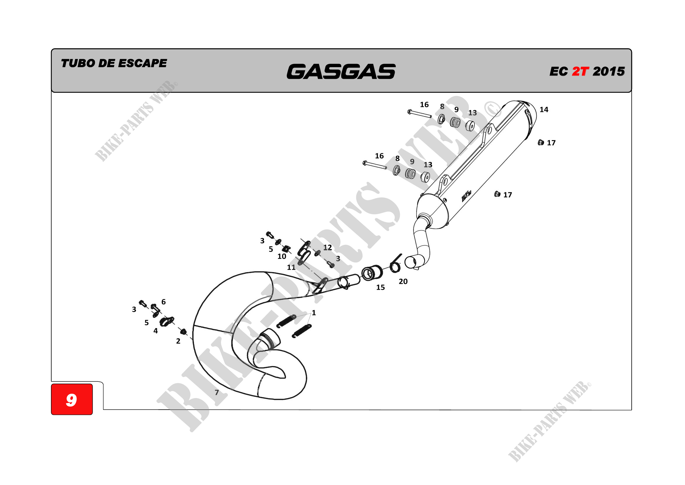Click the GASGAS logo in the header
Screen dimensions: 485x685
(341, 71)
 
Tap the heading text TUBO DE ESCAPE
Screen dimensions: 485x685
(114, 63)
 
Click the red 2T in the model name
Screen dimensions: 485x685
(580, 71)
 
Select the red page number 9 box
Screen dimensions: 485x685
(71, 399)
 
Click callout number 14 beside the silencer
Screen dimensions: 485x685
(543, 110)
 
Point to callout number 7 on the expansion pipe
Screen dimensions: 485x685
(217, 392)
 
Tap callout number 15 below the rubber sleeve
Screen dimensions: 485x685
(380, 287)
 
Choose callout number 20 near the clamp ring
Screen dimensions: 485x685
(403, 281)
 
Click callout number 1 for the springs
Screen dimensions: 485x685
(313, 313)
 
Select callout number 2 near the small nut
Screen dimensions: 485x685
(178, 341)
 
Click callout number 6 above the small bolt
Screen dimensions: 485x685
(163, 302)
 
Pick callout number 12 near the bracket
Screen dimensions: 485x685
(327, 247)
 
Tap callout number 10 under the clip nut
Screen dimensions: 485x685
(282, 256)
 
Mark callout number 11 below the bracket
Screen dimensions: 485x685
(291, 267)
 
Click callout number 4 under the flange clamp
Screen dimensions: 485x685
(156, 331)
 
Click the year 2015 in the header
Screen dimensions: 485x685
(609, 71)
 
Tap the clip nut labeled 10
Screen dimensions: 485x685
(287, 248)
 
